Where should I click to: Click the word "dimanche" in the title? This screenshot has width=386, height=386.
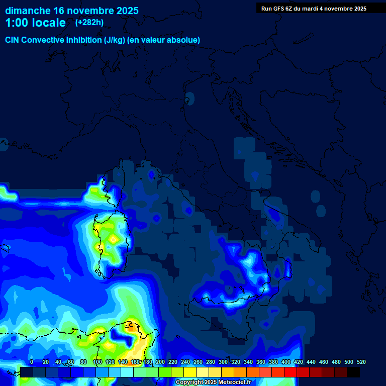[28, 11]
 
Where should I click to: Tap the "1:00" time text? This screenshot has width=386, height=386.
[17, 23]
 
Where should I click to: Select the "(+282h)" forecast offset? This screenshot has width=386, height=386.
[89, 23]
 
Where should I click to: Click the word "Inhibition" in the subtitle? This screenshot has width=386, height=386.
[83, 40]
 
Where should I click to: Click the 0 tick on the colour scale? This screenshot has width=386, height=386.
[32, 362]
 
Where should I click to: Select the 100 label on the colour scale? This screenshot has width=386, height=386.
[98, 362]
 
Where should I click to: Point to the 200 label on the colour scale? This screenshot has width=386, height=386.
[160, 362]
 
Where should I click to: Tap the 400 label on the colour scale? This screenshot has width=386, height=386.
[286, 362]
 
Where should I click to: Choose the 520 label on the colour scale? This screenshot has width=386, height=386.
[361, 362]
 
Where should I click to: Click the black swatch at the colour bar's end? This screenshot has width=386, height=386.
[353, 372]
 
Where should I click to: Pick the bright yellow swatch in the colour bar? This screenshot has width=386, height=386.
[190, 372]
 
